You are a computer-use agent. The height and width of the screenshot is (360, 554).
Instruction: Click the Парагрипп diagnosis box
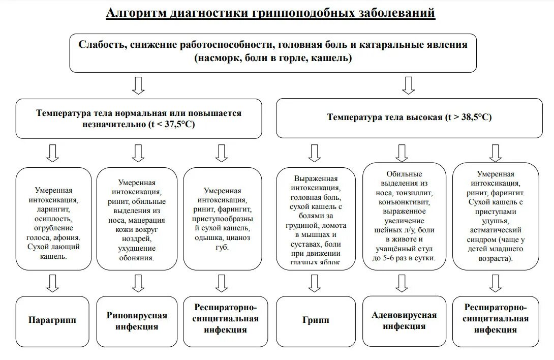coord(52,320)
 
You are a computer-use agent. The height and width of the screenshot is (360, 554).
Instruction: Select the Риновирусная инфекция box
coord(137,321)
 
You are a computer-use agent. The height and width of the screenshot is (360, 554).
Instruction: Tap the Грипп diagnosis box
coord(316,320)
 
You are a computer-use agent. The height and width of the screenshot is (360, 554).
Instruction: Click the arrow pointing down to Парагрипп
coord(52,283)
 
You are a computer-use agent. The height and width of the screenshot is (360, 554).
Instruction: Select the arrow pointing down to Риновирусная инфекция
coord(137,283)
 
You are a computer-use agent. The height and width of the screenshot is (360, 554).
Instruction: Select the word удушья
coord(495,221)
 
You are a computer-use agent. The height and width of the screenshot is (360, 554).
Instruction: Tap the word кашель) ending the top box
coord(335,58)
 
